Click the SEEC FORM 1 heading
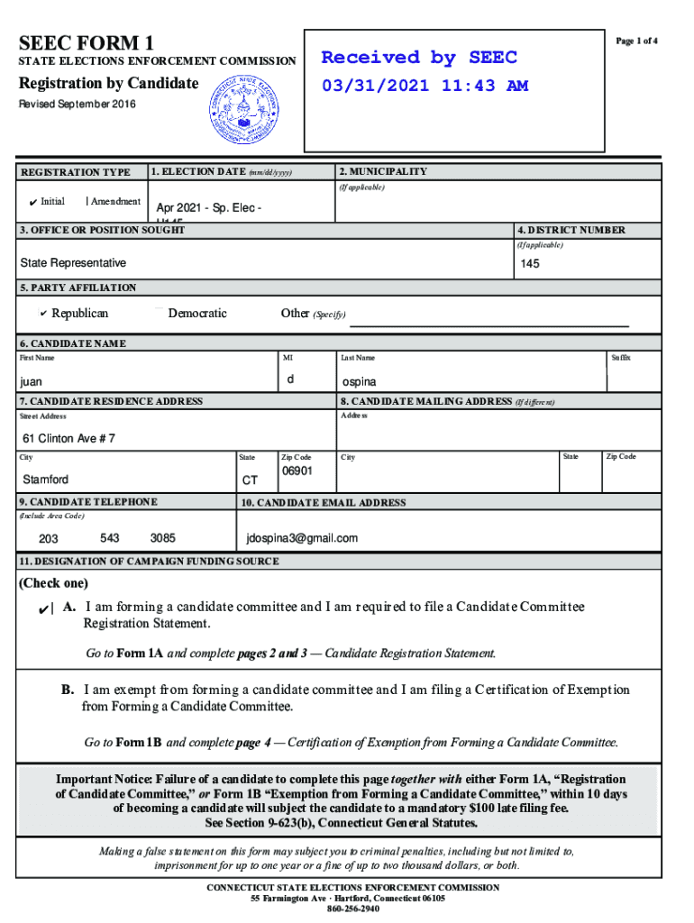click(x=87, y=42)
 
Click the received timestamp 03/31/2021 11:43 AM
click(x=425, y=87)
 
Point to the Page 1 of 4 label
click(x=636, y=41)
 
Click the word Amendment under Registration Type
click(x=115, y=201)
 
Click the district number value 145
click(x=530, y=264)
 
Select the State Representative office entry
click(x=74, y=263)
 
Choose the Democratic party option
click(x=196, y=314)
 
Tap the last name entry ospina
click(x=360, y=382)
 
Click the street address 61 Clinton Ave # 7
click(x=68, y=439)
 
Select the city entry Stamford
click(x=45, y=479)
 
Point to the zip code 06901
click(x=297, y=471)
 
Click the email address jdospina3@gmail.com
click(x=302, y=538)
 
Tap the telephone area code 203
click(x=49, y=539)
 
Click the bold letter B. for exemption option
click(x=68, y=690)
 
